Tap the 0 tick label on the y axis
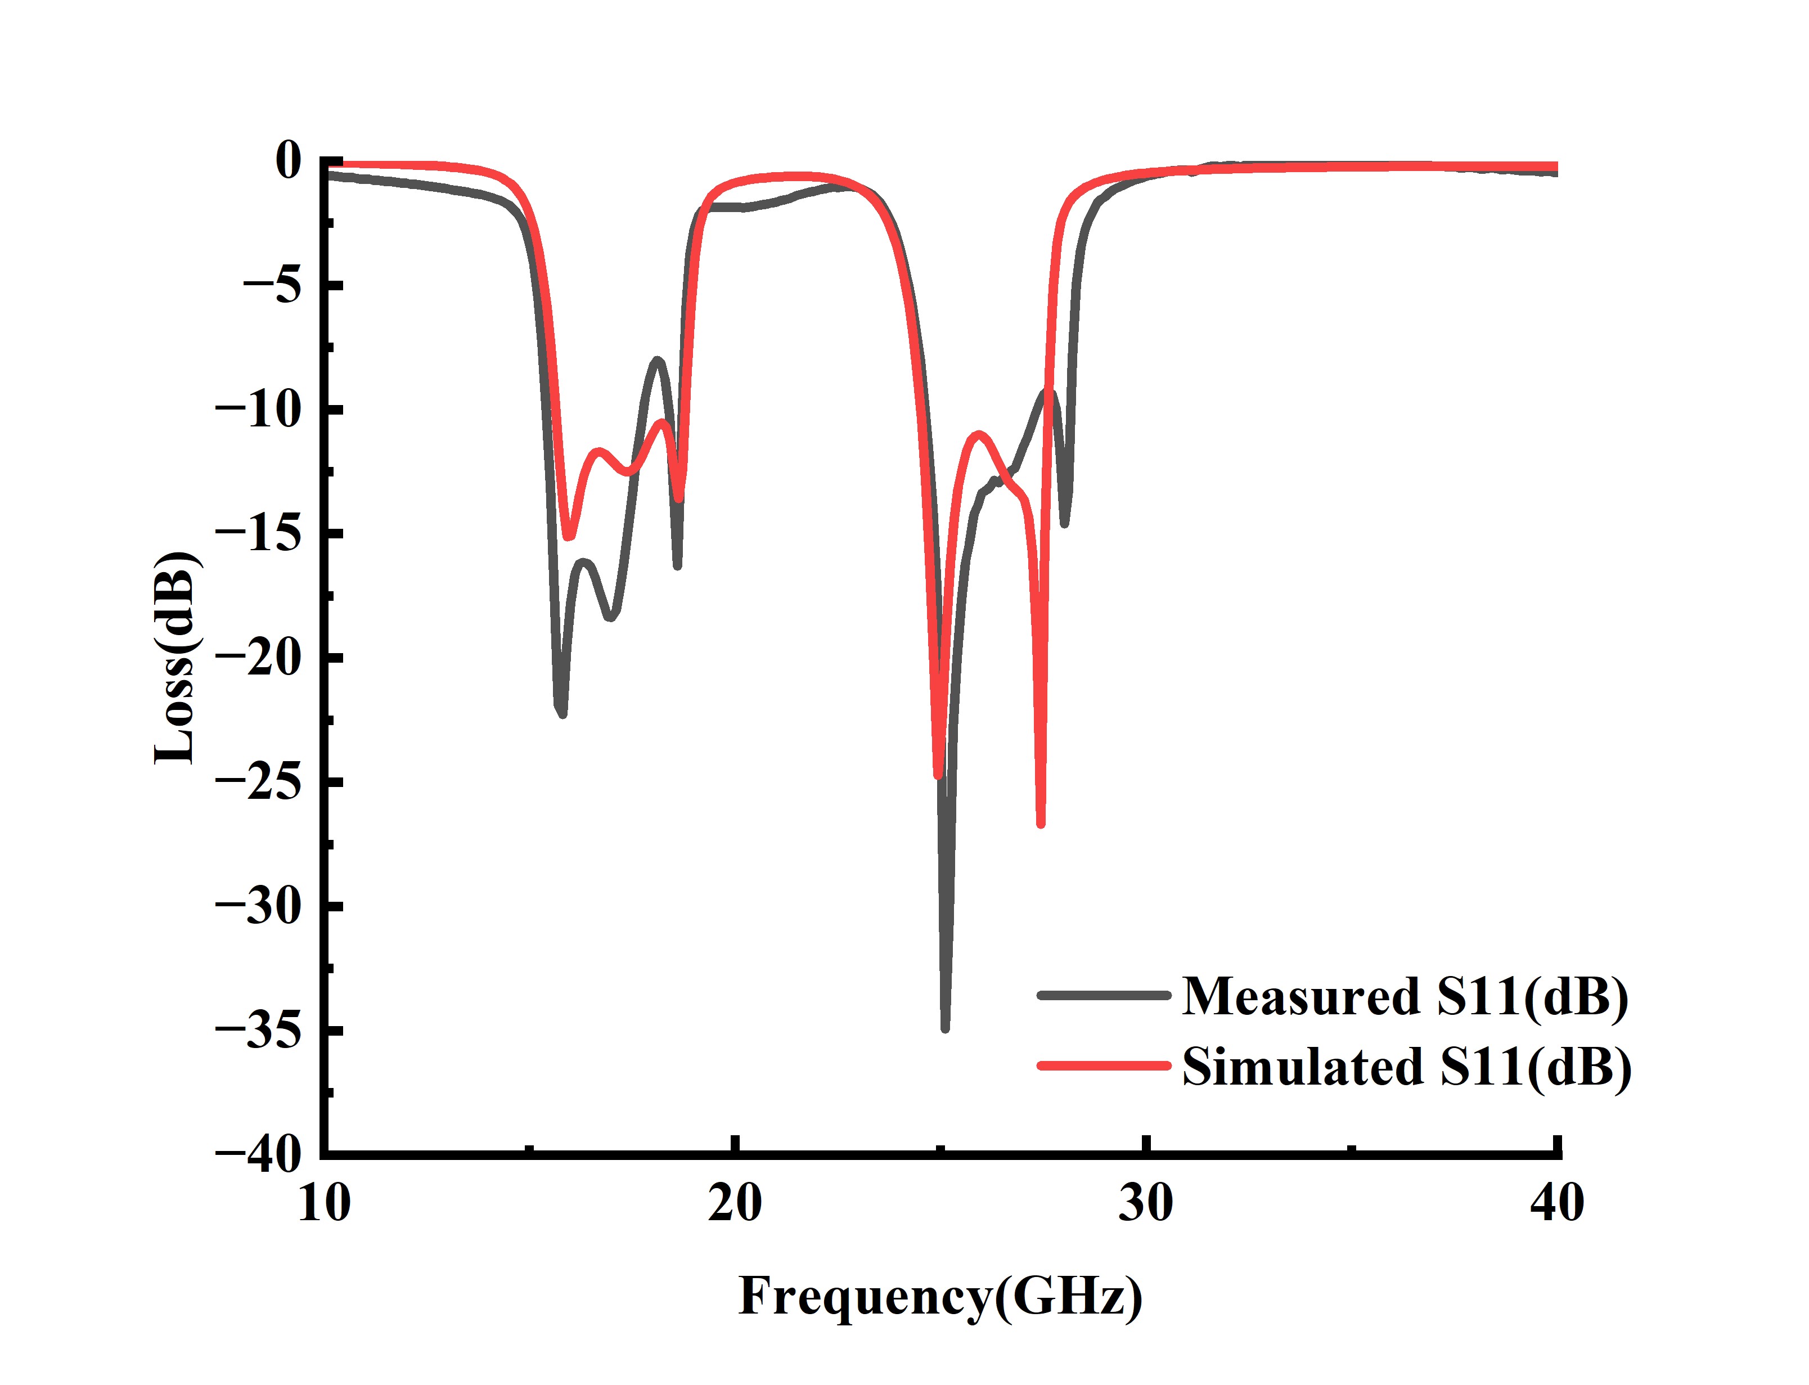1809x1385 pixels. [x=289, y=161]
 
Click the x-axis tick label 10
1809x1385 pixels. [x=324, y=1204]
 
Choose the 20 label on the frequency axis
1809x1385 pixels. [x=734, y=1204]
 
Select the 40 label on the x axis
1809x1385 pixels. [x=1556, y=1204]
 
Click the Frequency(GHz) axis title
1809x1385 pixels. [x=939, y=1297]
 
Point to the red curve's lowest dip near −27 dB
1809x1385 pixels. [x=1040, y=822]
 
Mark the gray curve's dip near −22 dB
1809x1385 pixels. [x=561, y=712]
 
